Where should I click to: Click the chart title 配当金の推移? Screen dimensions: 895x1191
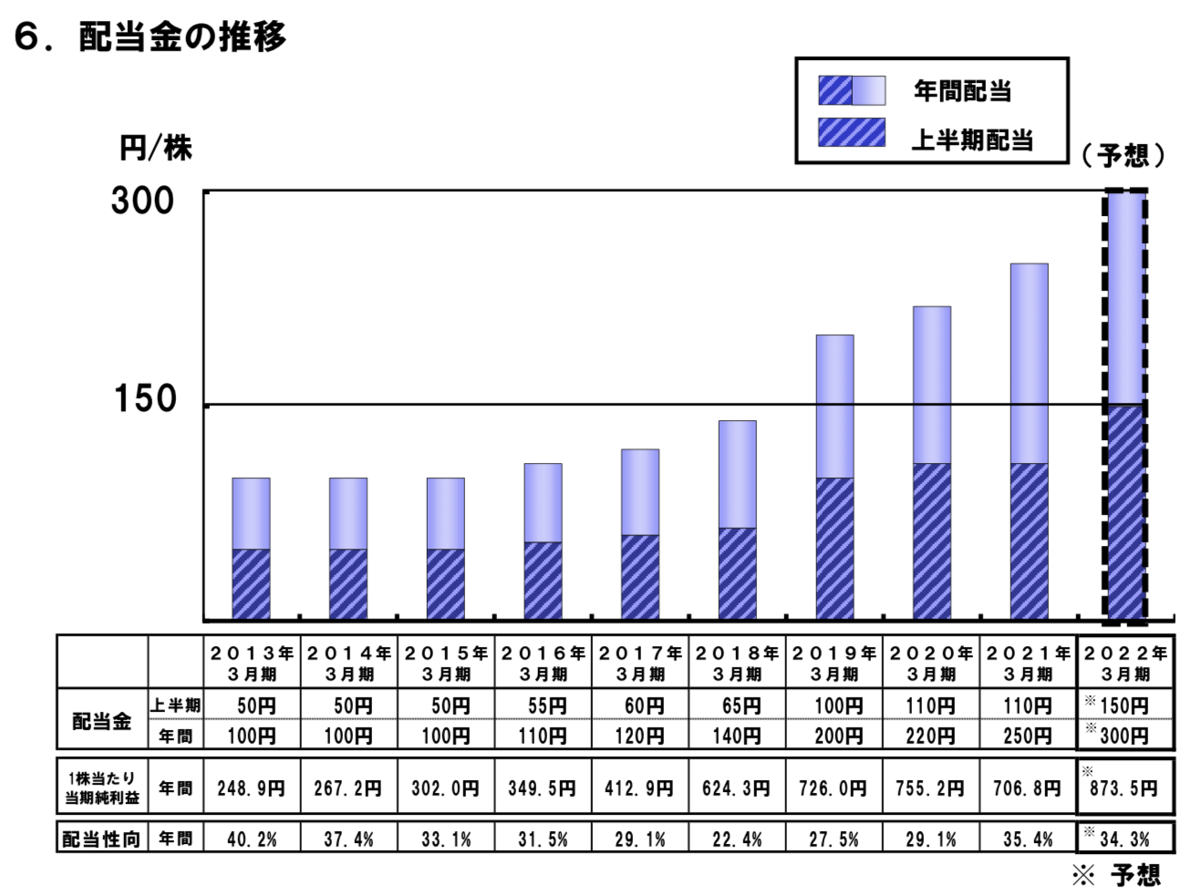[181, 36]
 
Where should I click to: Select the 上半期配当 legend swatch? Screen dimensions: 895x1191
[851, 133]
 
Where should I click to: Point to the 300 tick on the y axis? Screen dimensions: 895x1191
[143, 201]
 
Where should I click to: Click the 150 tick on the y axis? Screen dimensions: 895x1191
[145, 398]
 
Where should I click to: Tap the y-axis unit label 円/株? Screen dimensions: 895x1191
[156, 149]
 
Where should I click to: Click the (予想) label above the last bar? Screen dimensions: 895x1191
[1123, 155]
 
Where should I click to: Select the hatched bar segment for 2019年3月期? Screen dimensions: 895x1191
[834, 548]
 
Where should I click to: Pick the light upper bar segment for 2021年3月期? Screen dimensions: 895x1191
[1029, 363]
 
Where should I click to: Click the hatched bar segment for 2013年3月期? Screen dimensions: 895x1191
[251, 583]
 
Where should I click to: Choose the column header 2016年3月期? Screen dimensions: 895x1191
[543, 663]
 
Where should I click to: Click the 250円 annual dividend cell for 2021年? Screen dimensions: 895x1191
[1028, 735]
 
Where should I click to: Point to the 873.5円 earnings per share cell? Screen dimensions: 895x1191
[1124, 787]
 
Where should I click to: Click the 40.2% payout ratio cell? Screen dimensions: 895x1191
[251, 838]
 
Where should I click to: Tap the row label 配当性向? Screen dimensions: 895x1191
[101, 838]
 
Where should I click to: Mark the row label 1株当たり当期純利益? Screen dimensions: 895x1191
[101, 787]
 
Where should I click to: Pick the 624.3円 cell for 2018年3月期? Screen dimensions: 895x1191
[737, 787]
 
